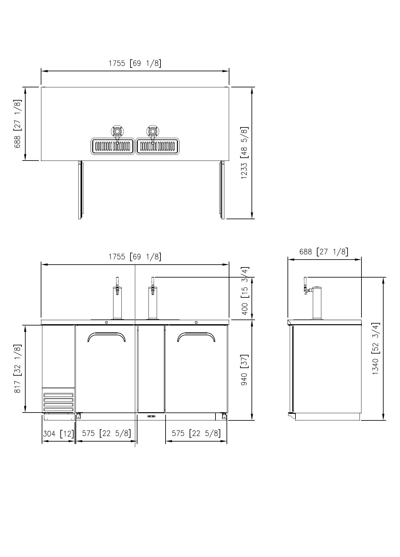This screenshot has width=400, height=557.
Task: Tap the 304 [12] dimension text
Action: pos(58,434)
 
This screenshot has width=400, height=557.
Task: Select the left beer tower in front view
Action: pos(117,298)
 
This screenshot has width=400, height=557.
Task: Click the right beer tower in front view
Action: pos(153,298)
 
